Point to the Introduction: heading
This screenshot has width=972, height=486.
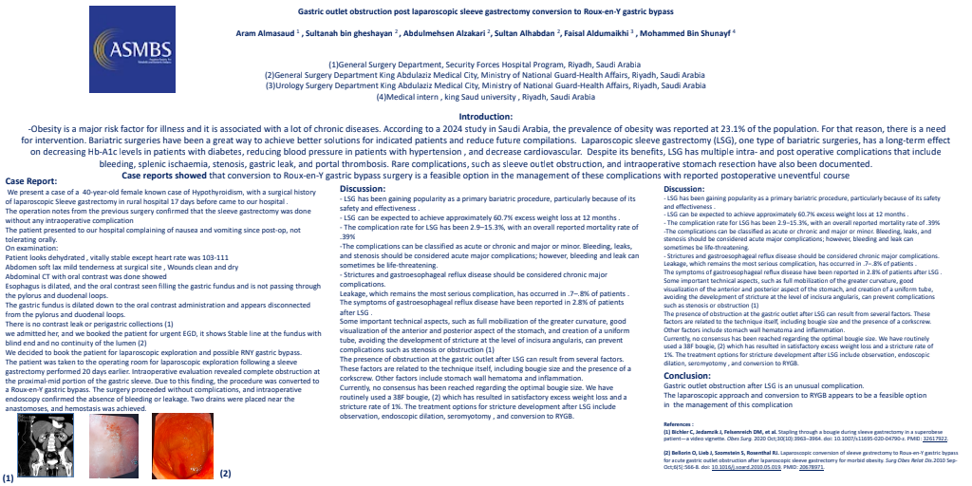tap(486, 117)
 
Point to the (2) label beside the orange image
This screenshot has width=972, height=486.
tap(225, 472)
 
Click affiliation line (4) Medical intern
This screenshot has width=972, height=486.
tap(486, 97)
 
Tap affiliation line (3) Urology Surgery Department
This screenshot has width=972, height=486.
tap(485, 85)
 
